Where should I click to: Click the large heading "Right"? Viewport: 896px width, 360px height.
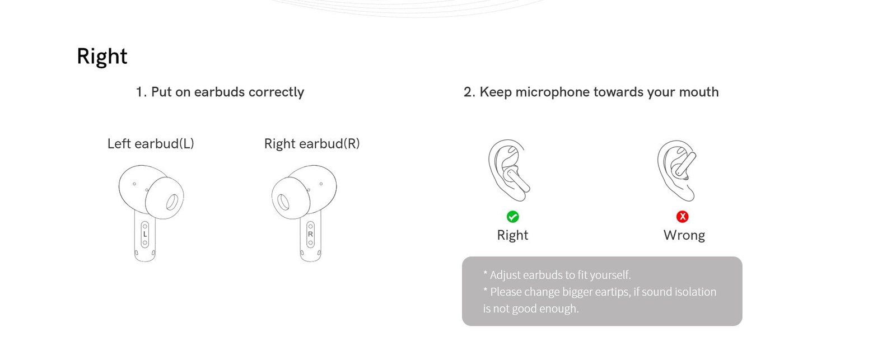(102, 57)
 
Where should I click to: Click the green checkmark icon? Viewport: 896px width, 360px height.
(512, 217)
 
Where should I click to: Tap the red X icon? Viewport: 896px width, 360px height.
(683, 217)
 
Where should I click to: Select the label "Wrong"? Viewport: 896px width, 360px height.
(684, 235)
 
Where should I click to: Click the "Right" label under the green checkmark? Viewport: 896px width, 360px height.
(512, 235)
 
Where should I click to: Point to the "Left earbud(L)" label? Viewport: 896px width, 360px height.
(151, 143)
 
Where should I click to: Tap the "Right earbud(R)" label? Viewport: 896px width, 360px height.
(312, 143)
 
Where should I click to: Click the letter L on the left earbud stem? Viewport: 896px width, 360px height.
(145, 235)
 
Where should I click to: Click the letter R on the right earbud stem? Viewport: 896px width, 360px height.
(310, 235)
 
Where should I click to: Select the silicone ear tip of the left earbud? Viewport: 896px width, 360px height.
(165, 198)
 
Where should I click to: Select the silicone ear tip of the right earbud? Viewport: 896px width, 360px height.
(291, 198)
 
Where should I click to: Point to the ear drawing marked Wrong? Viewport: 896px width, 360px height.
(676, 171)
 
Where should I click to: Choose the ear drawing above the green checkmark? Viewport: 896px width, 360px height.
(509, 170)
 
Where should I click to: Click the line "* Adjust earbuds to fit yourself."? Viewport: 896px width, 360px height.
(557, 275)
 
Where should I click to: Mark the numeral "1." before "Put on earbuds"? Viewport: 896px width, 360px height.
(141, 92)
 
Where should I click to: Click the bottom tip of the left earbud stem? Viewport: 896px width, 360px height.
(145, 261)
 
